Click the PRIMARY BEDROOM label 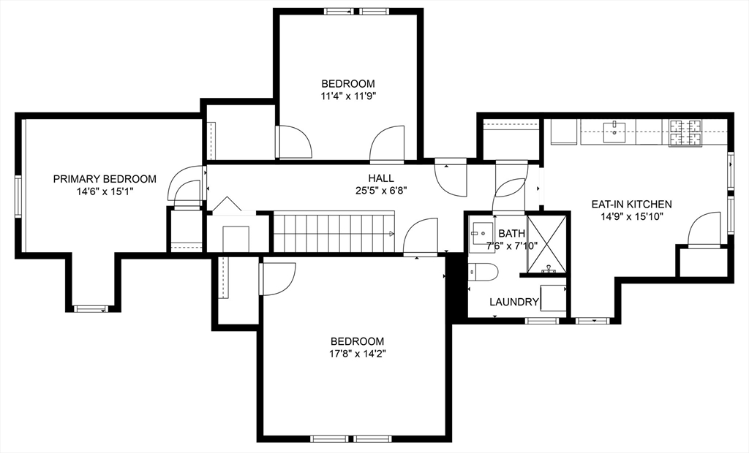105,179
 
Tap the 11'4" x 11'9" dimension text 348,95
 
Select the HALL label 381,178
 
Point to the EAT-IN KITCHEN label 632,205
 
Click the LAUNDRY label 514,302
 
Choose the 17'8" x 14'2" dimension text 357,354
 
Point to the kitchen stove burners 685,132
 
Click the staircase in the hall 334,233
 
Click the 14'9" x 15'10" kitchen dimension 632,216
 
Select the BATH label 511,234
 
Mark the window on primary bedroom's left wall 19,196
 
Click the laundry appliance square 553,299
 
